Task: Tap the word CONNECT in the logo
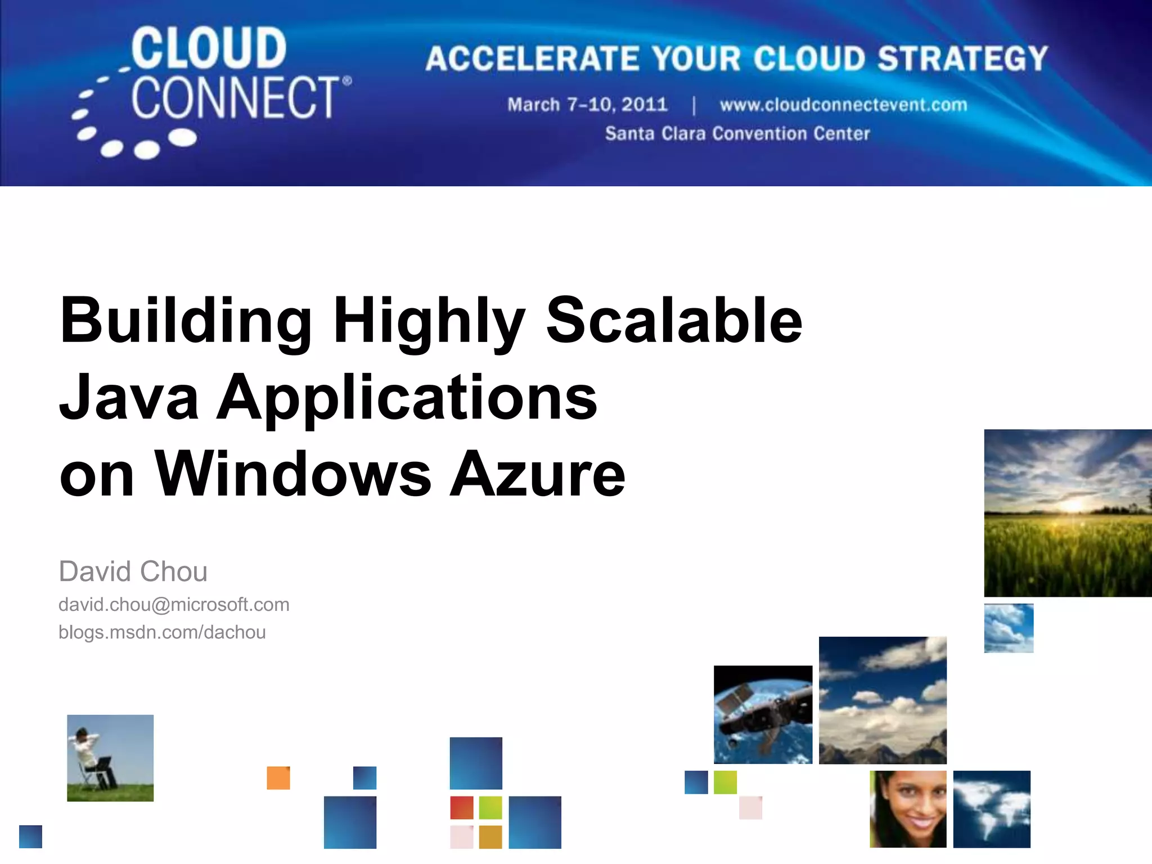tap(236, 98)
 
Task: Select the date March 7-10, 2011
tap(587, 105)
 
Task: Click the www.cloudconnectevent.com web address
tap(843, 105)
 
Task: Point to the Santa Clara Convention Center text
tap(737, 134)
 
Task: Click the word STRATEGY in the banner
tap(962, 58)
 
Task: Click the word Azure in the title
tap(537, 474)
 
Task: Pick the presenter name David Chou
tap(133, 571)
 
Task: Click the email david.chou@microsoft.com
tap(174, 605)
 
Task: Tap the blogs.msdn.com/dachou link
tap(162, 632)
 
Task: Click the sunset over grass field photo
tap(1067, 512)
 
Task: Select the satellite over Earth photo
tap(763, 714)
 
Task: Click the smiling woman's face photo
tap(908, 809)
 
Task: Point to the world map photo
tap(992, 809)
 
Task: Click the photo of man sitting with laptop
tap(110, 758)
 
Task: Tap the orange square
tap(278, 778)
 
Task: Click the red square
tap(462, 808)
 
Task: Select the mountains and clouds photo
tap(883, 700)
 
